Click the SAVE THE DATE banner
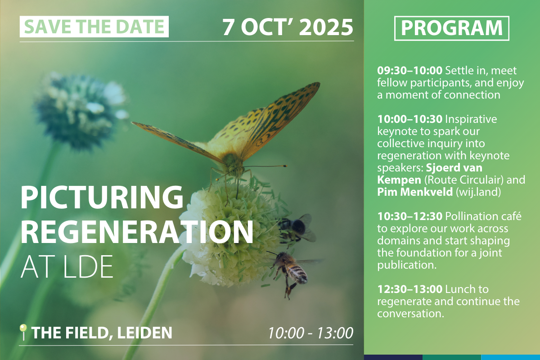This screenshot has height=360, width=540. pos(94,27)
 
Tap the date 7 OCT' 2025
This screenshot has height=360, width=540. pos(288,27)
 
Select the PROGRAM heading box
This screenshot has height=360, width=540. pos(452,28)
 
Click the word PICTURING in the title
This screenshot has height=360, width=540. pos(102,198)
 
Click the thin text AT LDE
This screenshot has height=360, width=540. pos(67,267)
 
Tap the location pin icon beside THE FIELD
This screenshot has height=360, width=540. pos(23,332)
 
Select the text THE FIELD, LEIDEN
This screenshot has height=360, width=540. pos(102,333)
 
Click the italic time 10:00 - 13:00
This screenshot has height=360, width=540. pos(311,333)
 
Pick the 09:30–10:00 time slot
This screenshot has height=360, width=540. pos(410,71)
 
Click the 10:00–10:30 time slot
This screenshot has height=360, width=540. pos(410,119)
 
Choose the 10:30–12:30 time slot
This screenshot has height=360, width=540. pos(410,216)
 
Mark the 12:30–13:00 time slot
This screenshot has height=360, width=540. pos(410,289)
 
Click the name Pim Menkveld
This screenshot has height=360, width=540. pos(415,192)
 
